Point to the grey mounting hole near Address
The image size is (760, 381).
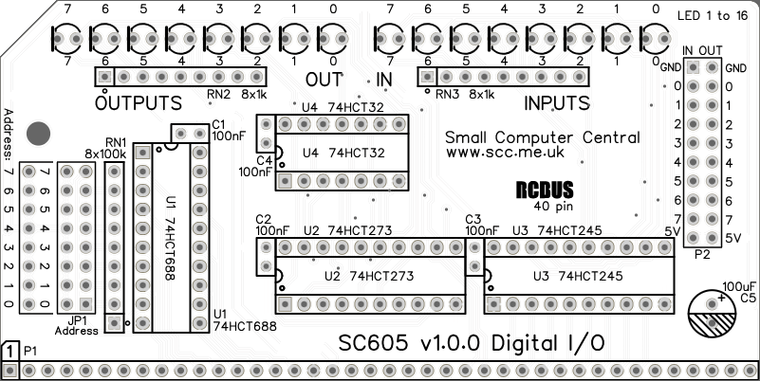click(38, 134)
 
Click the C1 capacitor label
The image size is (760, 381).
click(218, 124)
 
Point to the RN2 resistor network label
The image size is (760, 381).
click(219, 95)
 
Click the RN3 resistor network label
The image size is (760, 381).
click(447, 95)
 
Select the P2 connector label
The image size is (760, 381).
click(702, 254)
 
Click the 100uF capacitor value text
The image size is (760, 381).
click(738, 285)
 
